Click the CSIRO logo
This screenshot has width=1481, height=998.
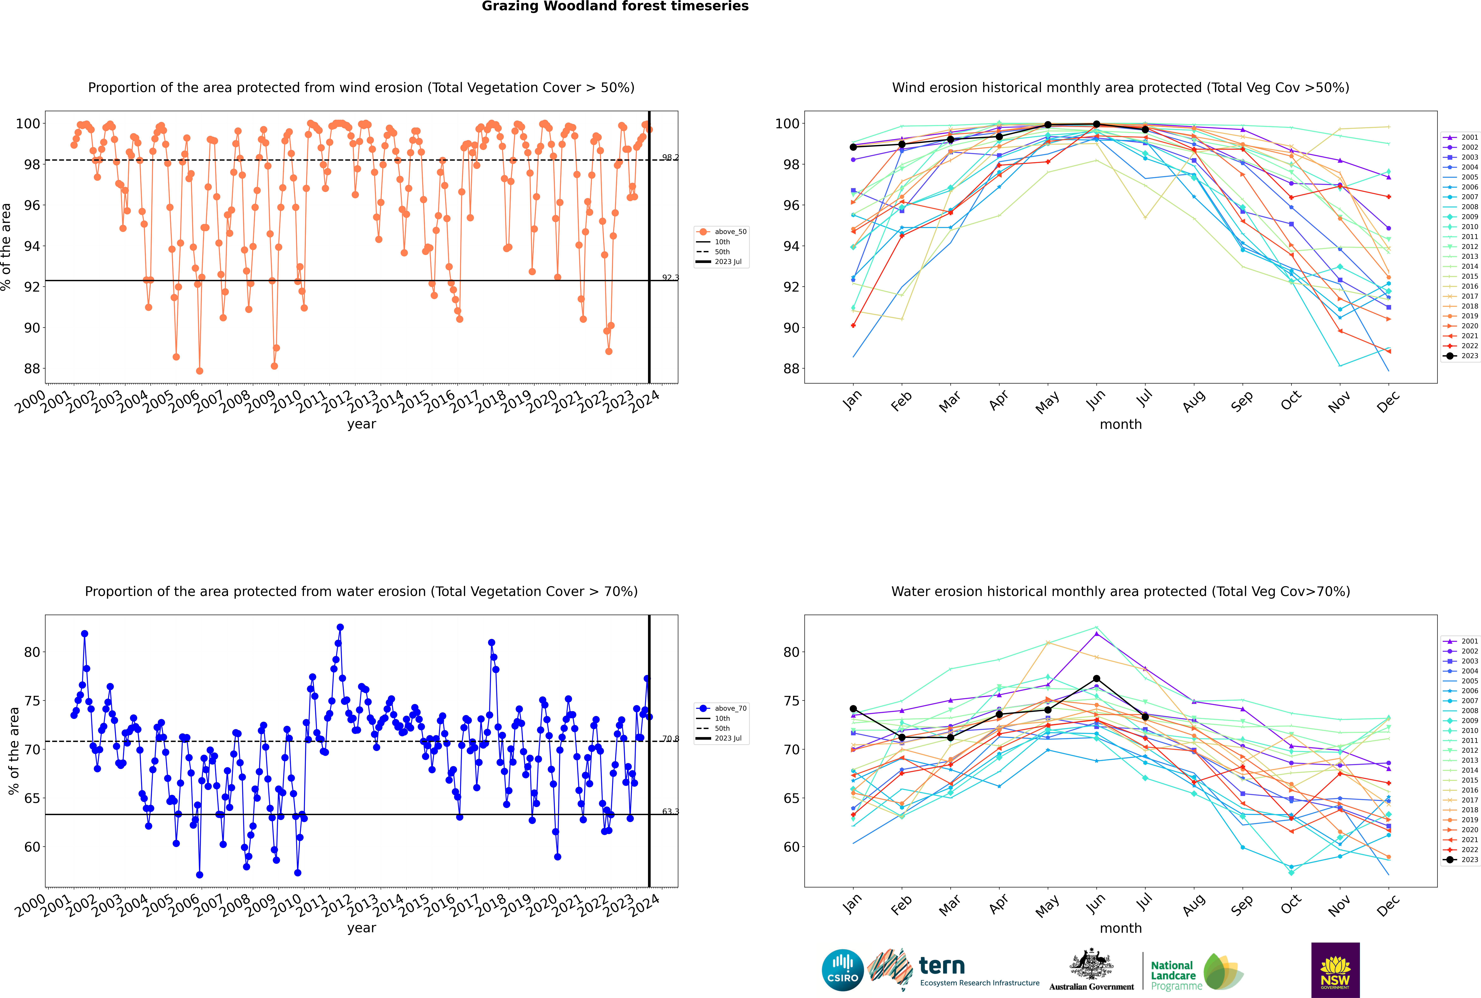(x=842, y=970)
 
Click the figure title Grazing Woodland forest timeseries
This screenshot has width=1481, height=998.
(x=615, y=6)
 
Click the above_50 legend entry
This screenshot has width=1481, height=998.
(x=721, y=232)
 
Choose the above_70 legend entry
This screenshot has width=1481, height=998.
(x=721, y=708)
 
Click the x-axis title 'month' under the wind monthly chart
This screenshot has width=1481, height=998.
(x=1121, y=425)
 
